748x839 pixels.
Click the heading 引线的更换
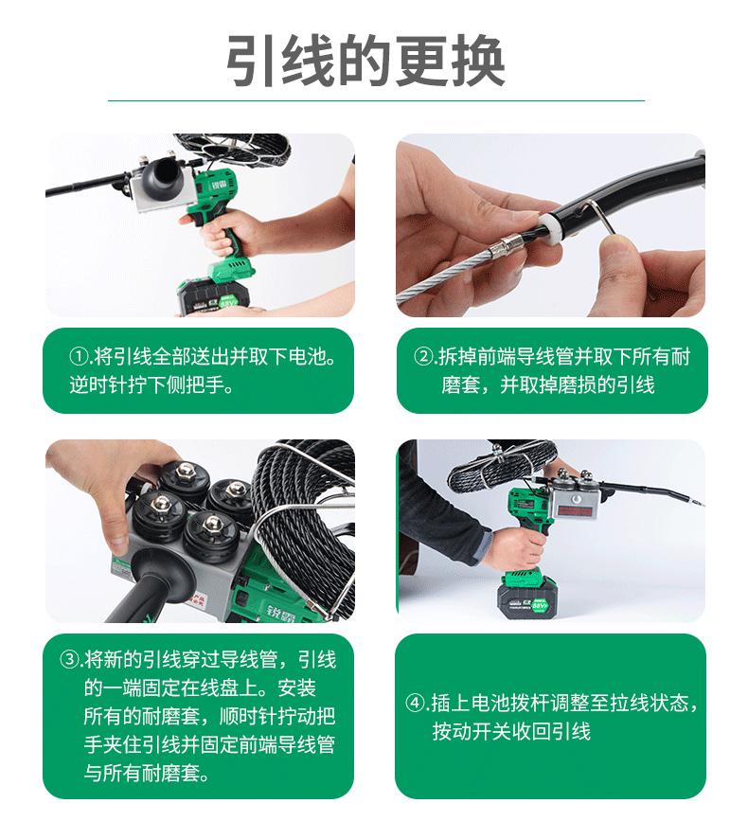(365, 61)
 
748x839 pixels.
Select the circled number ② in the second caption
(423, 356)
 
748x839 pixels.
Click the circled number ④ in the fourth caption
(416, 703)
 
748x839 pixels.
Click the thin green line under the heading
(376, 100)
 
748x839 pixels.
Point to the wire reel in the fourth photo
(500, 467)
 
